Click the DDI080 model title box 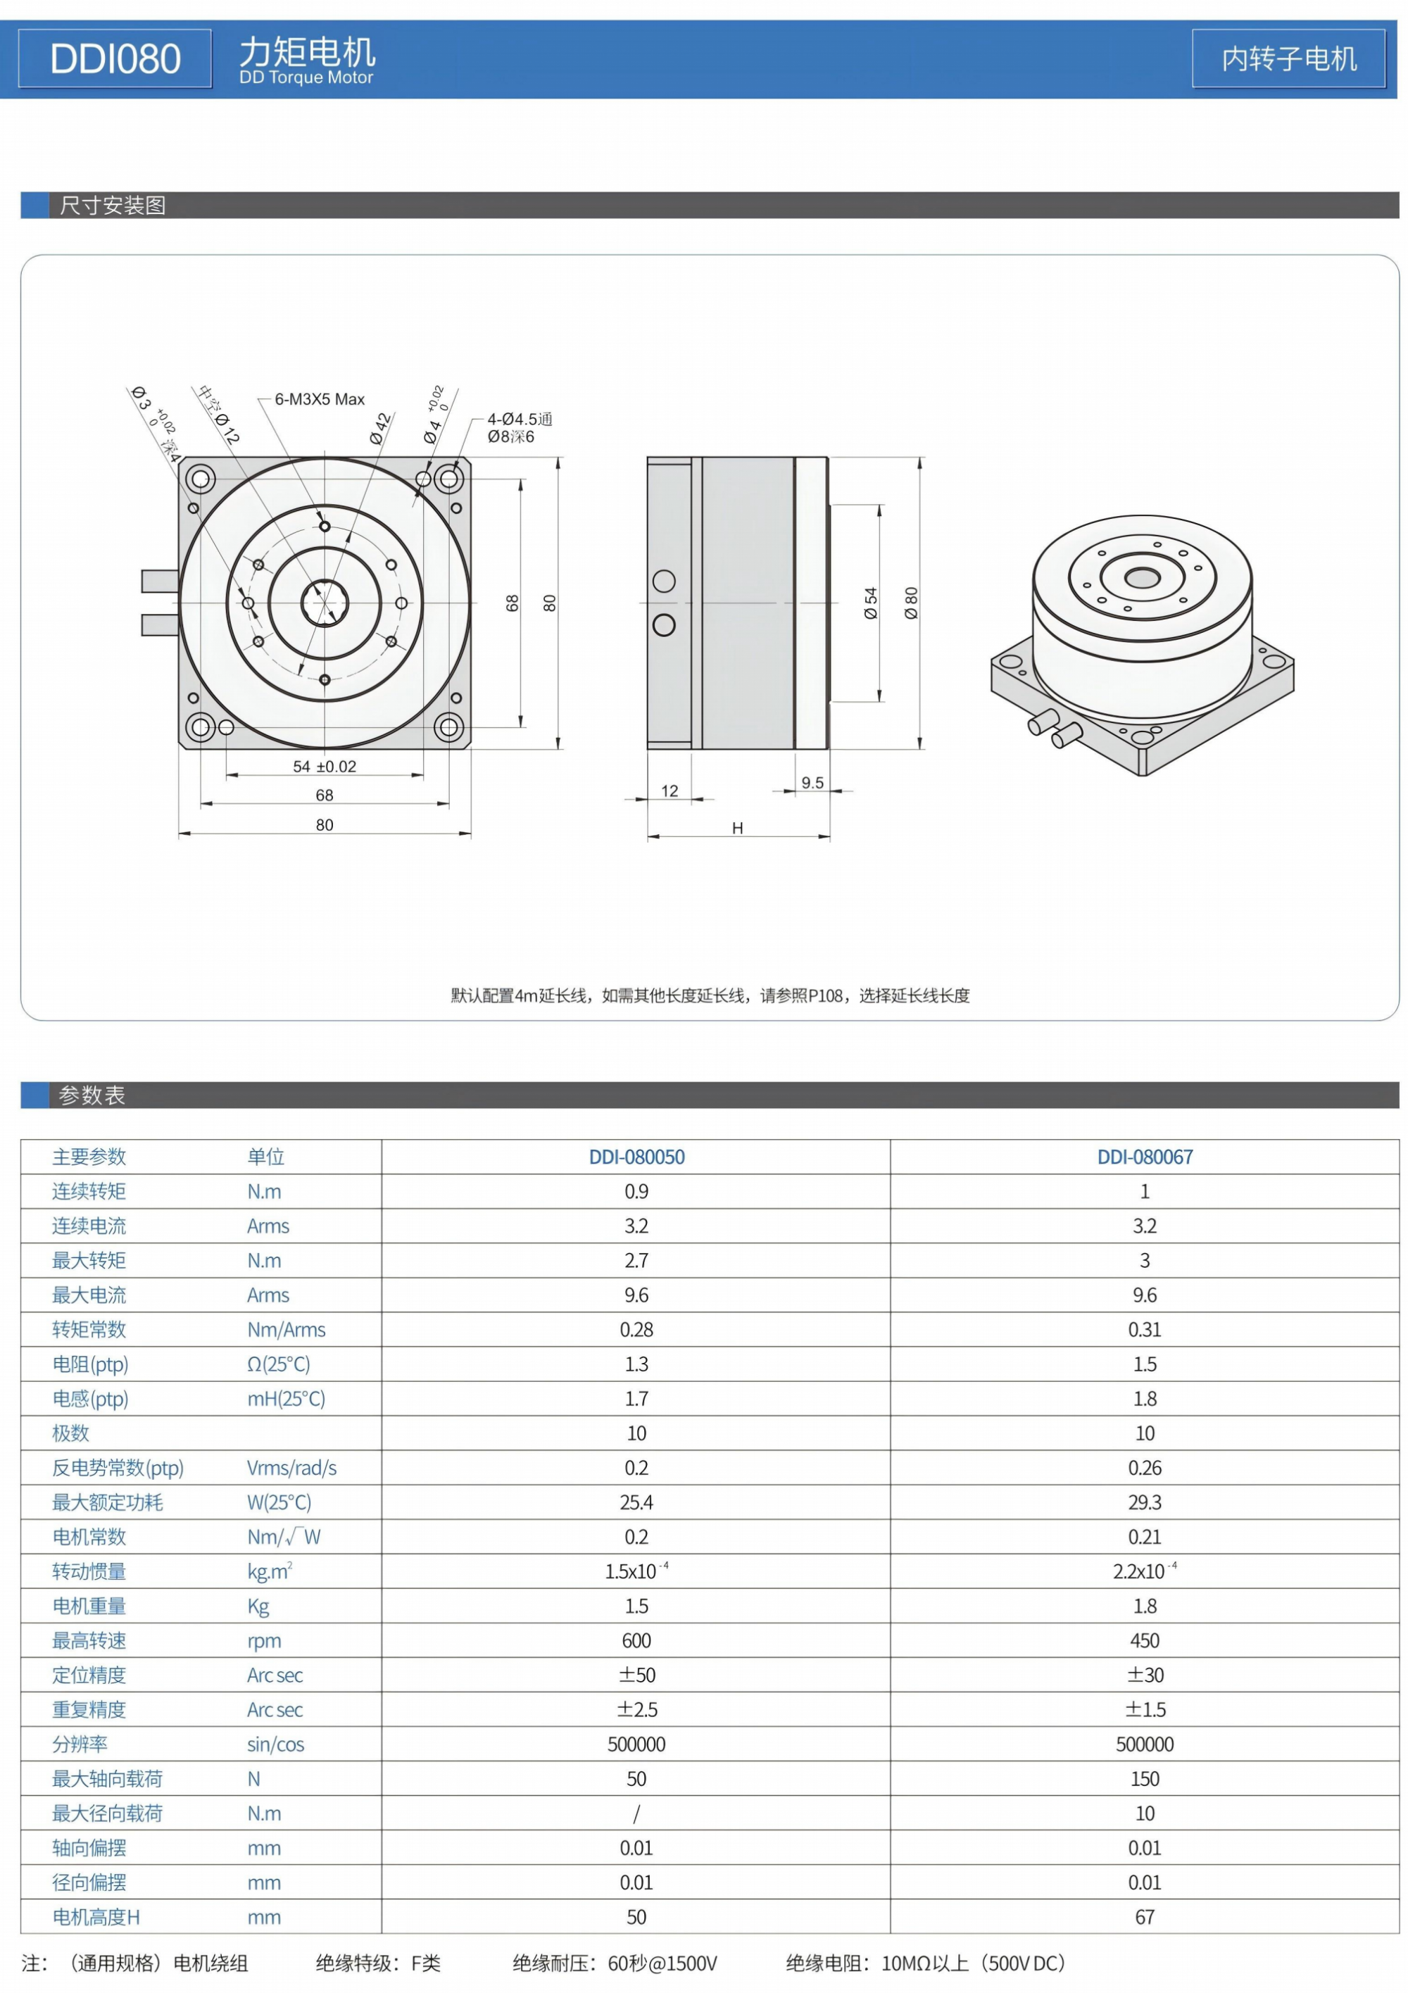[115, 59]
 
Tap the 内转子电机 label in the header [1288, 59]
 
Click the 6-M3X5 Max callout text [320, 399]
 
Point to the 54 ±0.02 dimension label [325, 767]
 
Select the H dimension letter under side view [737, 828]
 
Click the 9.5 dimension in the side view [812, 783]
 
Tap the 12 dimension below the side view [670, 791]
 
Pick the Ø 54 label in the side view [871, 603]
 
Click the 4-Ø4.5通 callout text [519, 420]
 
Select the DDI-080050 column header [636, 1157]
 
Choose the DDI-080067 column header [1145, 1157]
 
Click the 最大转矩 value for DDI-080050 [636, 1260]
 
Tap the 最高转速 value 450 [1145, 1640]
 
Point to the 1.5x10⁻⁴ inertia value [636, 1571]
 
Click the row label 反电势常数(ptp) [118, 1468]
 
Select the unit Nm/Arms [287, 1330]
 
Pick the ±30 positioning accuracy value [1145, 1675]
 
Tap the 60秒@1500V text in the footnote [662, 1963]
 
